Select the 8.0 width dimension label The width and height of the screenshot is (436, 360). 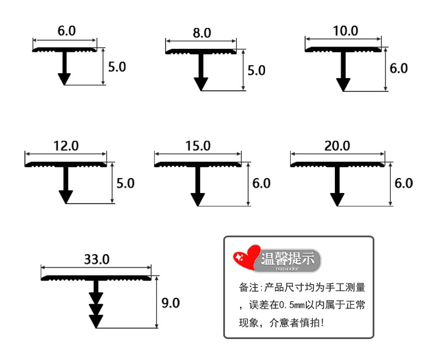click(x=201, y=33)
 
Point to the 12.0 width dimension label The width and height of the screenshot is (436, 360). click(x=66, y=145)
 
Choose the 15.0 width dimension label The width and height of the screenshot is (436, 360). click(x=198, y=145)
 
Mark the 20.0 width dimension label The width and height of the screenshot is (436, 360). click(x=337, y=145)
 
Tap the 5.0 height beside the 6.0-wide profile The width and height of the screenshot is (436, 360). click(x=117, y=67)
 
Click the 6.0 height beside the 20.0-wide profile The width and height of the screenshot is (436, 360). click(x=403, y=183)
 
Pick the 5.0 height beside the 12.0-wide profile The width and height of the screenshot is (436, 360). click(x=125, y=183)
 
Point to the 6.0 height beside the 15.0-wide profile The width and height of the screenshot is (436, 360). click(x=262, y=183)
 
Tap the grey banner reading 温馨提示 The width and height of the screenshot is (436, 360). click(x=288, y=258)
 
